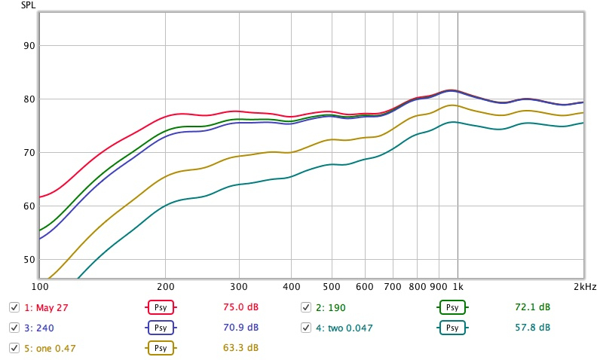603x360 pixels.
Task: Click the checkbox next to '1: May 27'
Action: [x=14, y=307]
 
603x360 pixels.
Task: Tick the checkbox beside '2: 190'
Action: [x=306, y=307]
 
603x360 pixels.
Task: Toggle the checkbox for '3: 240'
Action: [x=14, y=328]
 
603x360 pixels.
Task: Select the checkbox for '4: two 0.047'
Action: [x=306, y=328]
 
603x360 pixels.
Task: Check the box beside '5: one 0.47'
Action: [x=14, y=348]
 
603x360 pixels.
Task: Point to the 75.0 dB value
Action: [x=241, y=307]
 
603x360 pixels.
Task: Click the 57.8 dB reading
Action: [x=533, y=328]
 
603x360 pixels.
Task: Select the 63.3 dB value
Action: [x=241, y=348]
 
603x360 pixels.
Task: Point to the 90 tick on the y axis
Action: [x=30, y=46]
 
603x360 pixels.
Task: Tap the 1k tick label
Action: [x=458, y=287]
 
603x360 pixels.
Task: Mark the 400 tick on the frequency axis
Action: [x=292, y=287]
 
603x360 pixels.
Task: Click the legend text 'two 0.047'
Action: [x=350, y=328]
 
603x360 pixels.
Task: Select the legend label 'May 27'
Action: [x=46, y=307]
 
